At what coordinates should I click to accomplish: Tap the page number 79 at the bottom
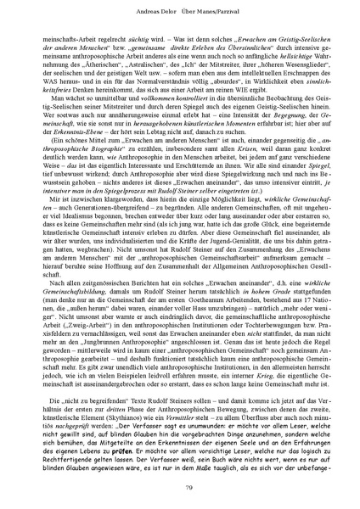click(x=180, y=486)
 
